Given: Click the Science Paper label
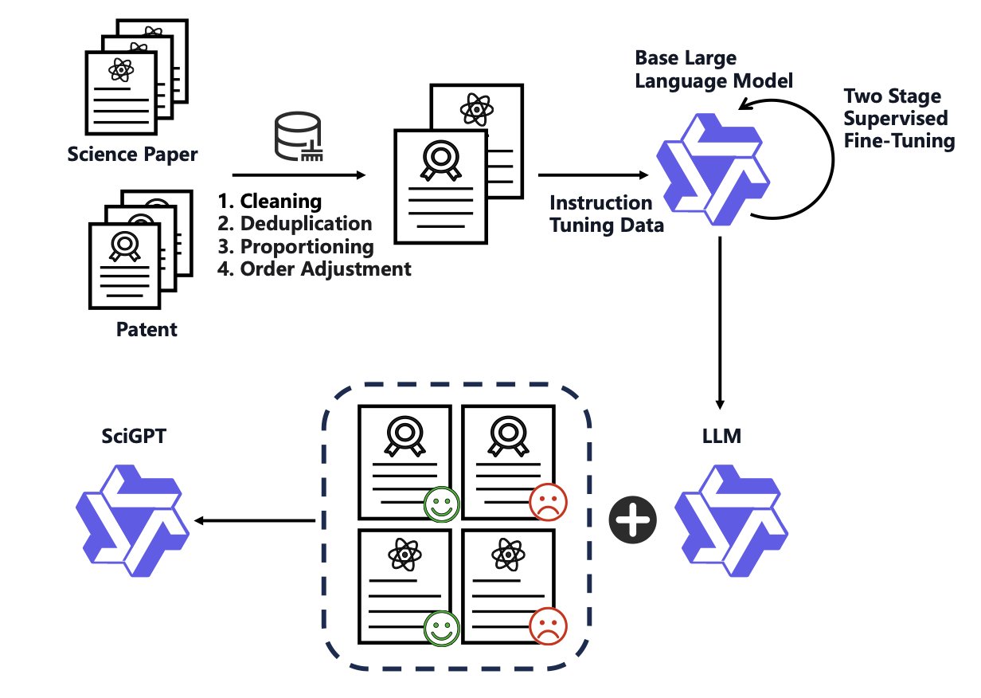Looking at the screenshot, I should [x=131, y=153].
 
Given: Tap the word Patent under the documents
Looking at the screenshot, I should [x=147, y=328].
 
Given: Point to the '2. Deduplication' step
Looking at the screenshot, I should [x=295, y=223].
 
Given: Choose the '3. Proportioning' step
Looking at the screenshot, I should [x=295, y=246].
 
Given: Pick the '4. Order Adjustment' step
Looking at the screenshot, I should [x=315, y=269].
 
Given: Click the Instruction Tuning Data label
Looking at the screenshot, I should [x=606, y=214].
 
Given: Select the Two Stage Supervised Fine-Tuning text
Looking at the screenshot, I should [x=898, y=120].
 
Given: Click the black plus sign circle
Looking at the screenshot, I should [x=633, y=521].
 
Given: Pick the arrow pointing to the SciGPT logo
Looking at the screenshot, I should [x=255, y=521].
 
